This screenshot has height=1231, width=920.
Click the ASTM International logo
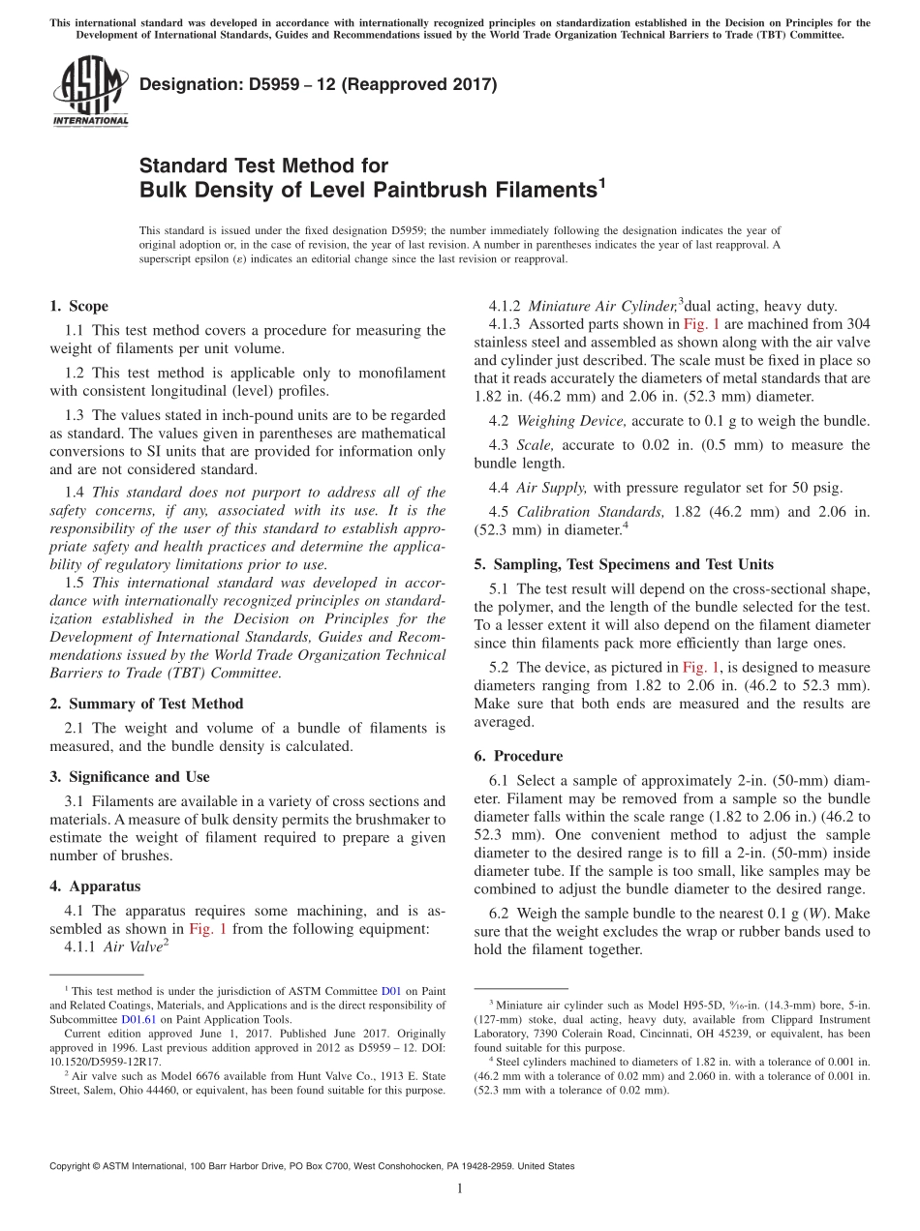89,91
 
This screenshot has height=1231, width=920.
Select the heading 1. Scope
78,306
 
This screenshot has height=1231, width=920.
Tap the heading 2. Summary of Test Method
146,704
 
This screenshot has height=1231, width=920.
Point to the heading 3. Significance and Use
129,776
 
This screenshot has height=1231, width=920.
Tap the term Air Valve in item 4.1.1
132,947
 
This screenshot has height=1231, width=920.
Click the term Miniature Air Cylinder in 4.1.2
601,306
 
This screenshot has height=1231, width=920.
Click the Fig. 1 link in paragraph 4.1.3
702,325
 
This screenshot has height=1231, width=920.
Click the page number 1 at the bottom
460,1190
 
